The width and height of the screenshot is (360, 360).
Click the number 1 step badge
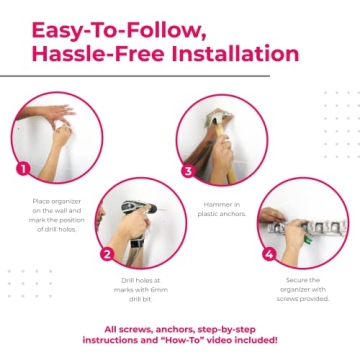[x=23, y=168]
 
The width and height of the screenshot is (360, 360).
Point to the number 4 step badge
[x=269, y=254]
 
